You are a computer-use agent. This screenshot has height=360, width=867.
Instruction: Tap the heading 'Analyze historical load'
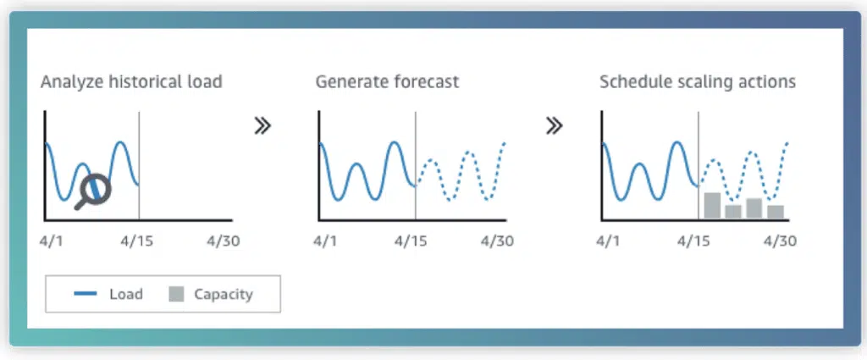[131, 82]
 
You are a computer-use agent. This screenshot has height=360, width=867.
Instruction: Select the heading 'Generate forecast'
[387, 82]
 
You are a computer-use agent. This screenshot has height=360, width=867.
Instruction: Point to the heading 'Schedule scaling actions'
[698, 82]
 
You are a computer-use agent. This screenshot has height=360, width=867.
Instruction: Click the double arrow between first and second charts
[262, 126]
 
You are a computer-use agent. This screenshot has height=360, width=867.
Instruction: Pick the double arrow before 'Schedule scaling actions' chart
[554, 126]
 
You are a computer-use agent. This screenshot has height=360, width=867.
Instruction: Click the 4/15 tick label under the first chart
[136, 241]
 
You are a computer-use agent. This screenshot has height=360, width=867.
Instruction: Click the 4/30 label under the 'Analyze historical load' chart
[223, 241]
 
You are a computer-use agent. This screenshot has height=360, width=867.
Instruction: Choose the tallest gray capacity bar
[712, 205]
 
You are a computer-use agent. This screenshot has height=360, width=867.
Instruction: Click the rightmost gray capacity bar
[776, 212]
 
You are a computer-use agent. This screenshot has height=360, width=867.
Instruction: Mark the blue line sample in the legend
[86, 294]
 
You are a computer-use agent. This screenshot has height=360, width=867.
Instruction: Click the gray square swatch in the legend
[176, 294]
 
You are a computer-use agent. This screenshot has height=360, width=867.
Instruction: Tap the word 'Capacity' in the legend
[224, 294]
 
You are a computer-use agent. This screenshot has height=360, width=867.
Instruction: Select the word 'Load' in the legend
[126, 294]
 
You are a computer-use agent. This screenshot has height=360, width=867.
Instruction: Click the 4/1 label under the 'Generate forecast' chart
[326, 241]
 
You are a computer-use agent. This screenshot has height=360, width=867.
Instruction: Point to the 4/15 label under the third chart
[693, 241]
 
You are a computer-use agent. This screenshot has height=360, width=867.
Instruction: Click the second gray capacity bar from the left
[733, 212]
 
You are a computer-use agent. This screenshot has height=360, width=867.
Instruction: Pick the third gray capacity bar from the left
[754, 208]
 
